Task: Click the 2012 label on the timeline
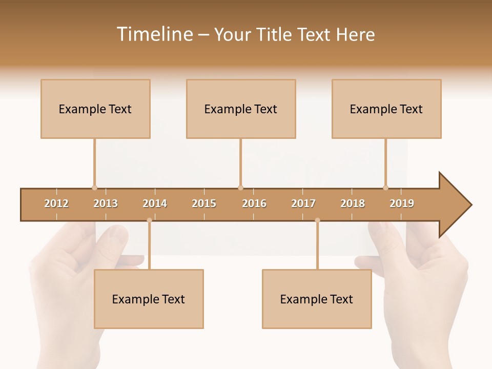coord(56,203)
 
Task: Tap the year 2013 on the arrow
coord(106,203)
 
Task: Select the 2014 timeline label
coord(155,203)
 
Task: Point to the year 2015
coord(204,203)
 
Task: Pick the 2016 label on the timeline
coord(254,203)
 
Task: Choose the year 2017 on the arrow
coord(303,203)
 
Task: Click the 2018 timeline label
coord(353,203)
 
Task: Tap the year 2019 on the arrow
coord(402,203)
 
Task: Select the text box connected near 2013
coord(95,109)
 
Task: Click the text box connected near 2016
coord(241,109)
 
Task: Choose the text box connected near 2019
coord(386,109)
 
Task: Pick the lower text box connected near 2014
coord(149,299)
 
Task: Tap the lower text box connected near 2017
coord(317,299)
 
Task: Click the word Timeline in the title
coord(154,34)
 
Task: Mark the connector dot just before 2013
coord(94,188)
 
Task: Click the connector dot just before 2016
coord(240,188)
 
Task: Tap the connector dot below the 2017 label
coord(317,220)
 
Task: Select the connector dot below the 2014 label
coord(149,220)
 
